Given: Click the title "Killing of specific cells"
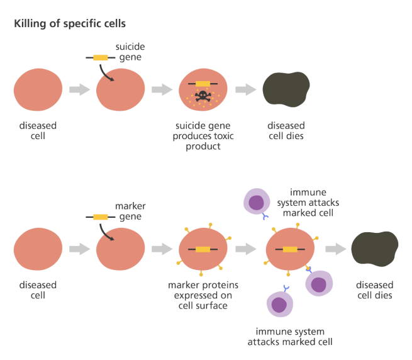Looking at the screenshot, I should [x=69, y=24].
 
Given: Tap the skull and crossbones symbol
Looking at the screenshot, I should [x=203, y=96].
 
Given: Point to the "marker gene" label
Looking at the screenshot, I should [x=130, y=211].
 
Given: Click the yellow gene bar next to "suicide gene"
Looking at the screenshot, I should [x=100, y=58].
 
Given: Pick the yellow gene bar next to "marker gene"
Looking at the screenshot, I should [x=100, y=217].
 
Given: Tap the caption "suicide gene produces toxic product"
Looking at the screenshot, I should [x=203, y=136].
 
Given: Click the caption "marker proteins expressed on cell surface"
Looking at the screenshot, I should [x=203, y=295].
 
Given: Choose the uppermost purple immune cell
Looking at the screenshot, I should [x=256, y=202].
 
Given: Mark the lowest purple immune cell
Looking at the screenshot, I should [x=279, y=303].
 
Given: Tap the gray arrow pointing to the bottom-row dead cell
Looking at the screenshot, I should [x=336, y=249].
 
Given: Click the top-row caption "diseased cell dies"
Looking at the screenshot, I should [x=286, y=130].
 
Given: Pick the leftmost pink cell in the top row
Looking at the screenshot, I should [x=38, y=90].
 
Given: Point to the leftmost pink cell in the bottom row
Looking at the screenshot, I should [x=38, y=249].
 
